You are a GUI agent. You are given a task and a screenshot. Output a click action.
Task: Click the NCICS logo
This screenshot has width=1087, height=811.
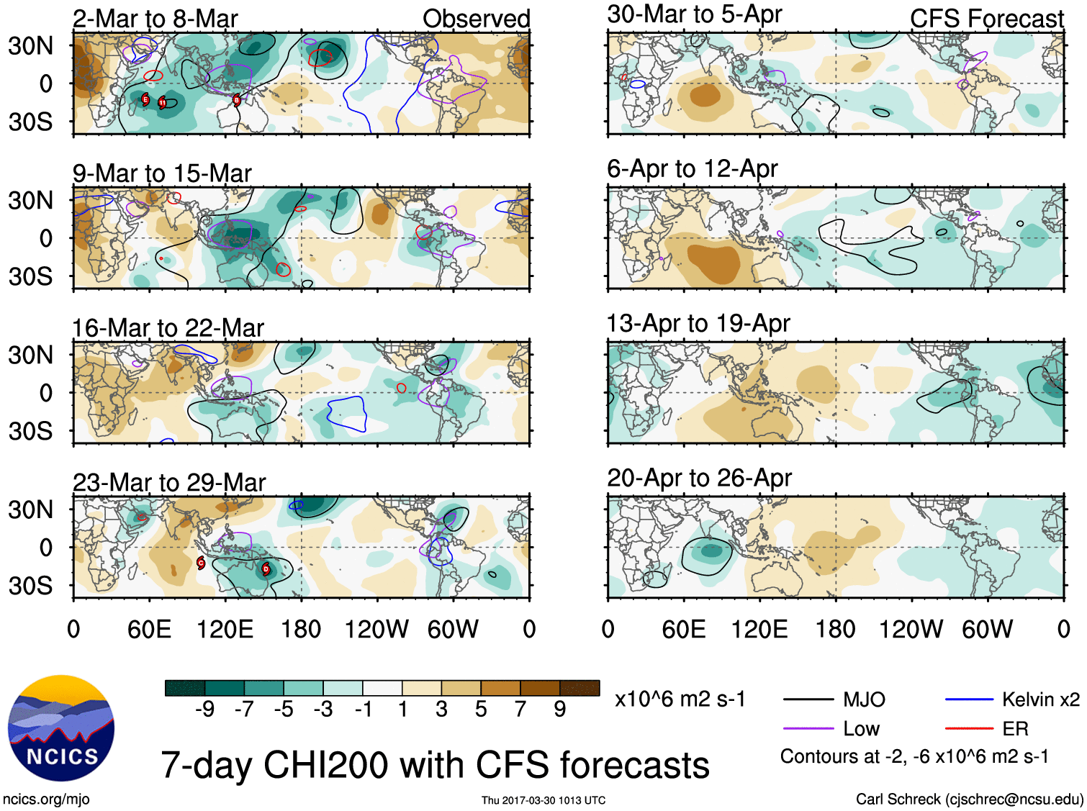point(60,728)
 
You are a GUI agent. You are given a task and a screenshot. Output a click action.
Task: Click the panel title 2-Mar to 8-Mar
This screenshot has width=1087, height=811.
point(155,19)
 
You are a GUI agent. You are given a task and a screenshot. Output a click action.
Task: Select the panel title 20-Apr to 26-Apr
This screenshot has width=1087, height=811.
point(699,478)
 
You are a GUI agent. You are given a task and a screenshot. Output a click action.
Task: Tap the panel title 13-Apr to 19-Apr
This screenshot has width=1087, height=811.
point(698,323)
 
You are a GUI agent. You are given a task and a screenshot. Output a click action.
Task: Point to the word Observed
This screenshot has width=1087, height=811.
point(476,19)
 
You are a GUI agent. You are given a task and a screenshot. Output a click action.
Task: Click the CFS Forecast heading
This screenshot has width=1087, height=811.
point(986,19)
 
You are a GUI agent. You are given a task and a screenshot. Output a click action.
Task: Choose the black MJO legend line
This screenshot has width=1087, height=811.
point(808,699)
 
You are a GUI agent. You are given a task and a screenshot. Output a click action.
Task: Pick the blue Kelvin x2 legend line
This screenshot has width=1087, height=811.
point(969,699)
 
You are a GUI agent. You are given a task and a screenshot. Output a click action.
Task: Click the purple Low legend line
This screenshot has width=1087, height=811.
point(808,728)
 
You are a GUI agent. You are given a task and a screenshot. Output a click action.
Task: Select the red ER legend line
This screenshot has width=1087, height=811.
point(969,728)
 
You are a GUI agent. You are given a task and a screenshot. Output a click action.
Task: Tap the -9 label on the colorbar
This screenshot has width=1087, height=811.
point(204,710)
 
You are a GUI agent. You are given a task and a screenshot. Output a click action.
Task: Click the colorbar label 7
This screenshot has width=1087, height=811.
point(520,710)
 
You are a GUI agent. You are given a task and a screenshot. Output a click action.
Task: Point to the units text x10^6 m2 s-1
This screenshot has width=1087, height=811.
point(680,699)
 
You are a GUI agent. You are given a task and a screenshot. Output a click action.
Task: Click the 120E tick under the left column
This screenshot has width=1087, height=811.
point(225,630)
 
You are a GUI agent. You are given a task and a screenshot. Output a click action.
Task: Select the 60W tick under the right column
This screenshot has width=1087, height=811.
point(987,630)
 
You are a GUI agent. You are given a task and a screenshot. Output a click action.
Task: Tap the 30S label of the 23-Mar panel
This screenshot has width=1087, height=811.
point(30,586)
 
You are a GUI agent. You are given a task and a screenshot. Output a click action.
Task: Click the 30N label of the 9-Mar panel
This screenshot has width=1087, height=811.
point(30,200)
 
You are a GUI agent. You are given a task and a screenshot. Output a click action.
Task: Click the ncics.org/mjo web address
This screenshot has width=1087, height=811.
point(46,799)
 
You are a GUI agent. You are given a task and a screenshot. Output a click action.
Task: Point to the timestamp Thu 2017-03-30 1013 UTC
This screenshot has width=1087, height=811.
point(543,800)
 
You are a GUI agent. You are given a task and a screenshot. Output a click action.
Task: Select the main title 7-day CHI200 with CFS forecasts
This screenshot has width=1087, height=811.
point(435,764)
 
